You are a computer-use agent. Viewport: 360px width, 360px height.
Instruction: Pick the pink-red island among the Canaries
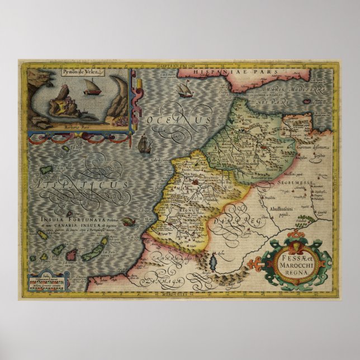(x=72, y=255)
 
